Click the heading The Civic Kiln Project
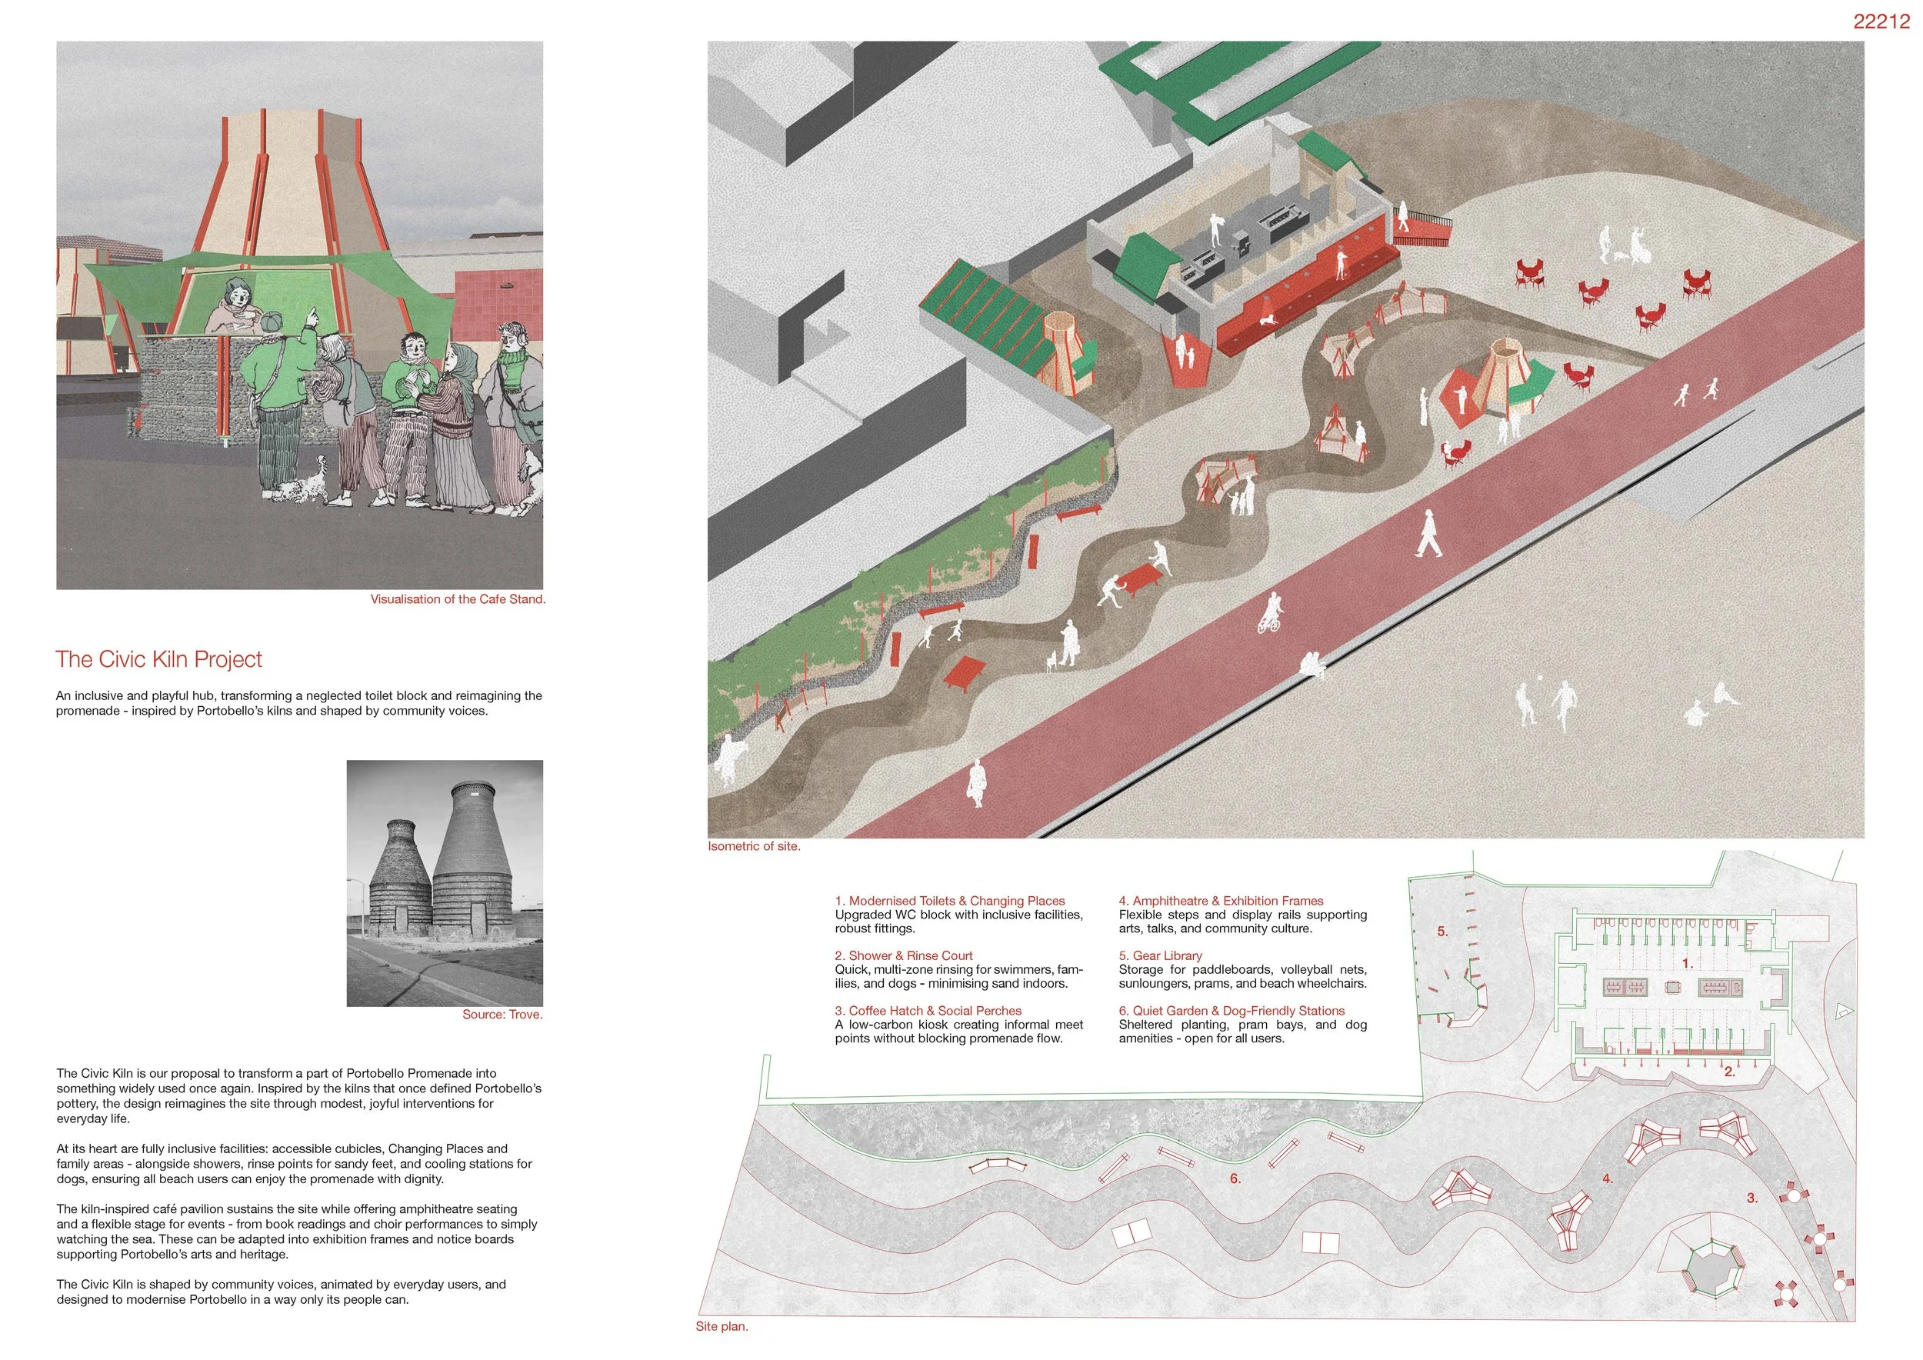point(159,660)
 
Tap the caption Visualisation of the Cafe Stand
point(458,599)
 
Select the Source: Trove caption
point(502,1015)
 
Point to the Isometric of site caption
point(754,847)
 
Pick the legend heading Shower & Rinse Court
point(904,955)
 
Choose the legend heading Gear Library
point(1160,955)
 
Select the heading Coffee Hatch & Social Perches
point(928,1011)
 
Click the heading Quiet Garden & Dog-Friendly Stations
point(1231,1011)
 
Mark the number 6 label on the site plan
point(1235,1179)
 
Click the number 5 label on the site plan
point(1442,932)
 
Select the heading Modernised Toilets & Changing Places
point(950,901)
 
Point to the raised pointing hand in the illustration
point(311,315)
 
